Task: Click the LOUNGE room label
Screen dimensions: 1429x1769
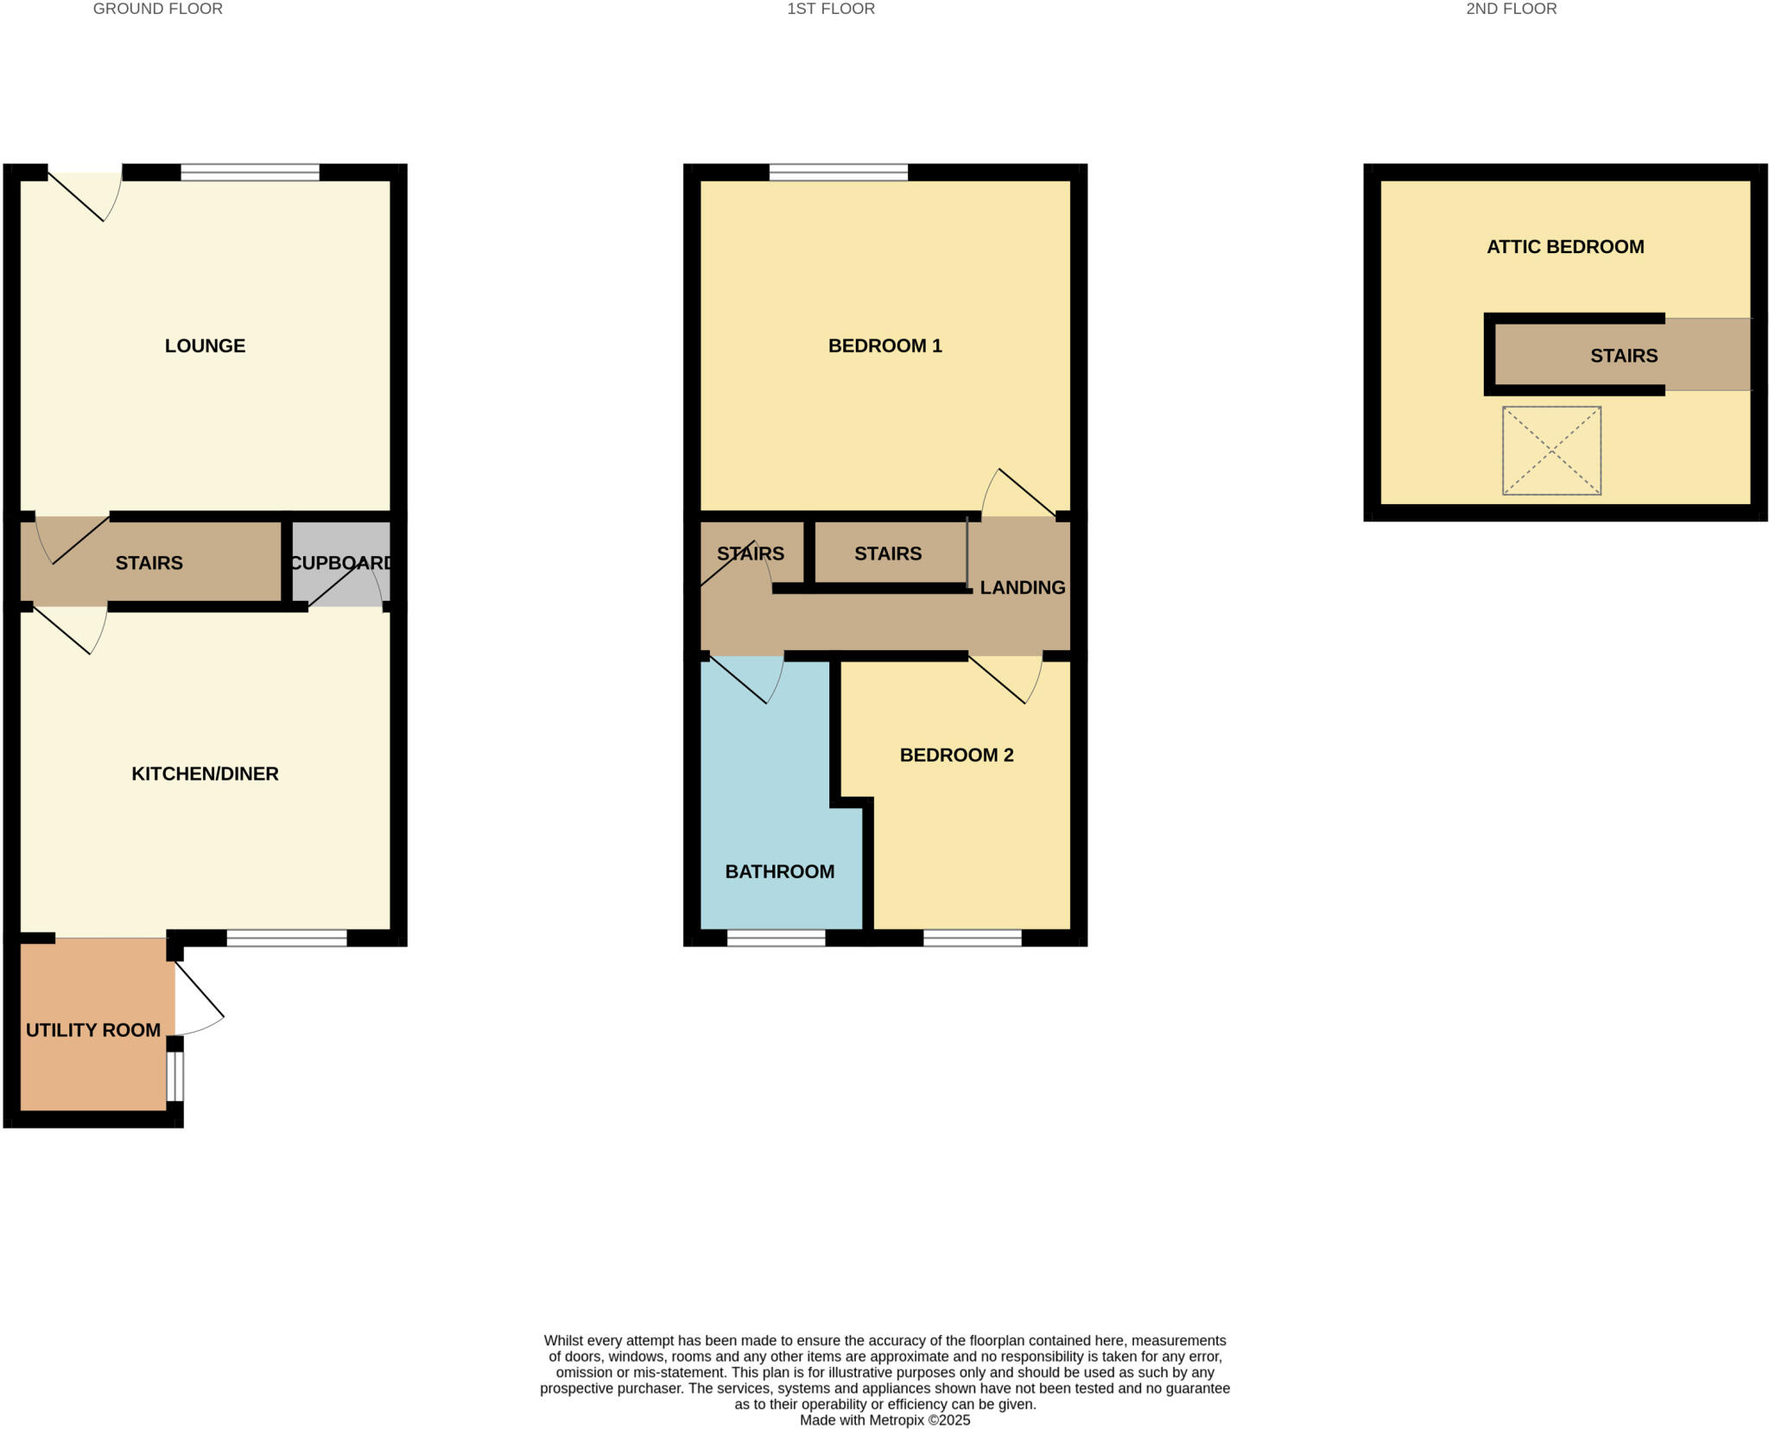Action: tap(205, 345)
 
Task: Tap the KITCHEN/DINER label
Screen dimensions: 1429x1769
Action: tap(205, 774)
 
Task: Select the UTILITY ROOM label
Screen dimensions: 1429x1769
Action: tap(93, 1030)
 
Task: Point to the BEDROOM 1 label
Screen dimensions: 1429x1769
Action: tap(884, 345)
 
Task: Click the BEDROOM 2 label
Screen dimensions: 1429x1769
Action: tap(956, 755)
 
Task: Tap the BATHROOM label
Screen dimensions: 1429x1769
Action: tap(779, 871)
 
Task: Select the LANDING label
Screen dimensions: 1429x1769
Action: tap(1022, 587)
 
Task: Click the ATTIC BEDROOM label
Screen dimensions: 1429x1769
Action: tap(1565, 247)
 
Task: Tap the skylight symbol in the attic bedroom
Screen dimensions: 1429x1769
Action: tap(1551, 451)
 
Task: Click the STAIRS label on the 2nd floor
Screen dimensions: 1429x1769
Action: tap(1624, 356)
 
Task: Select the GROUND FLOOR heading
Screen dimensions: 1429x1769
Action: tap(158, 9)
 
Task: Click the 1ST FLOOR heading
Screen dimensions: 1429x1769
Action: tap(831, 9)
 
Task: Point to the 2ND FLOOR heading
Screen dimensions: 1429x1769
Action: tap(1512, 9)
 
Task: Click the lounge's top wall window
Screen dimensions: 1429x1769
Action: tap(250, 173)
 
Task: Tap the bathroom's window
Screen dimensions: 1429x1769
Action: tap(776, 938)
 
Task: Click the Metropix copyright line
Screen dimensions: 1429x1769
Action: tap(884, 1420)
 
